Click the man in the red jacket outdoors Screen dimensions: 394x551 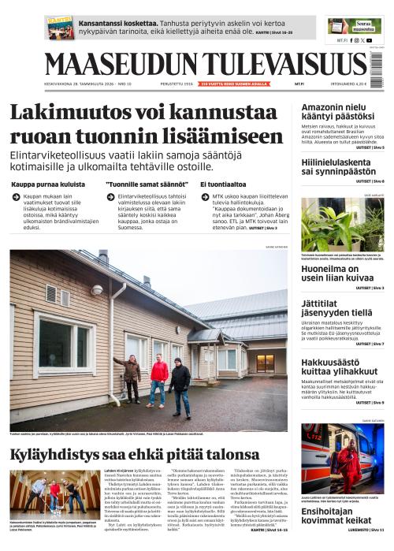pyautogui.click(x=159, y=378)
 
